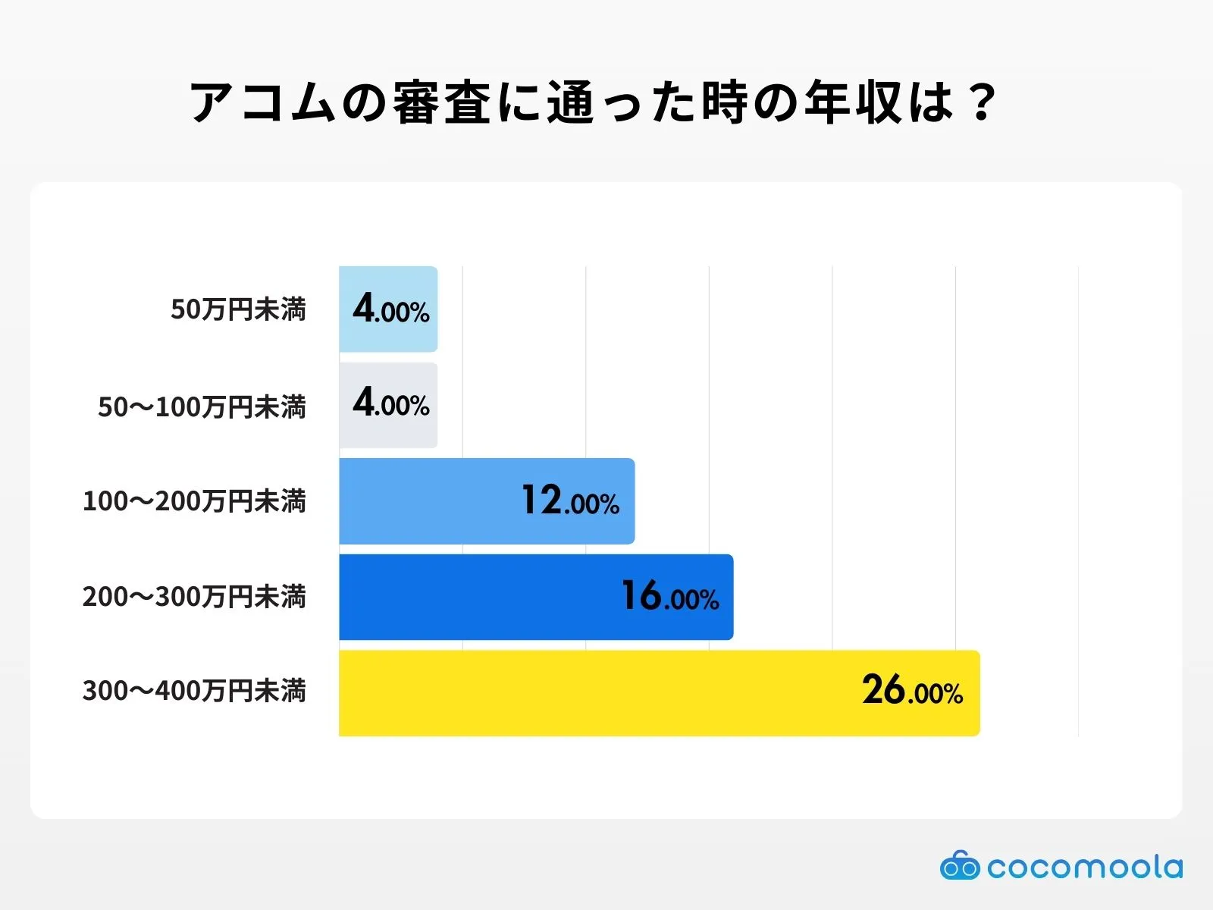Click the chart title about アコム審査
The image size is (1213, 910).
(x=591, y=102)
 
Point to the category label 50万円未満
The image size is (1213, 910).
(x=238, y=309)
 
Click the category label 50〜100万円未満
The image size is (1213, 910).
(x=202, y=406)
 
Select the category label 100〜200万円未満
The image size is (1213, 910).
(x=194, y=501)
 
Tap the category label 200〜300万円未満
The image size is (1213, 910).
(x=194, y=597)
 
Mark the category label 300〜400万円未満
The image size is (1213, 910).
(x=194, y=691)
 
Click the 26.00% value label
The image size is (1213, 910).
(x=912, y=691)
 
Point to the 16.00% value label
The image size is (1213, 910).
(x=670, y=596)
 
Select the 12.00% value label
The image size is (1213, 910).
(x=570, y=501)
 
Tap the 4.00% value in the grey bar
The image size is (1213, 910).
(x=391, y=403)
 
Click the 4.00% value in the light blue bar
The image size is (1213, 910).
(x=391, y=309)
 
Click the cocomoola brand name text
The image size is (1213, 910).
(x=1084, y=867)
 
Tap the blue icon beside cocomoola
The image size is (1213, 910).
(x=960, y=865)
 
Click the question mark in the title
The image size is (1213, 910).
(x=982, y=102)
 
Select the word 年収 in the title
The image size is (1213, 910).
(x=853, y=102)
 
